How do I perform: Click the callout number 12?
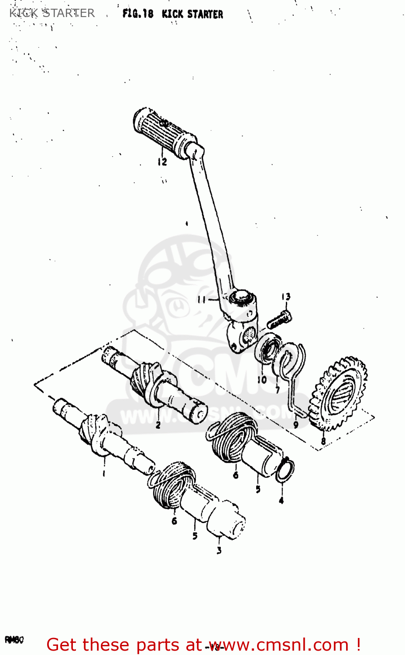[162, 162]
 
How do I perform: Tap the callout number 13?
[286, 297]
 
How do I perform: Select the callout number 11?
[202, 300]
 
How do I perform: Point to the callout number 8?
[323, 441]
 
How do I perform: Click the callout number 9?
[296, 424]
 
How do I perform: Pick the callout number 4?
[281, 500]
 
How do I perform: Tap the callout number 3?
[219, 551]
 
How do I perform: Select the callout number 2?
[158, 424]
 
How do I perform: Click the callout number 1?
[103, 473]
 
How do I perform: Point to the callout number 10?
[262, 379]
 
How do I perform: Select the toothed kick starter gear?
[339, 393]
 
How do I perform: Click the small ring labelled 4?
[285, 470]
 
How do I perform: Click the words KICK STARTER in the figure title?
[192, 14]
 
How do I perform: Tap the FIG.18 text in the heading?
[138, 14]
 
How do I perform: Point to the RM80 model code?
[14, 640]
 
